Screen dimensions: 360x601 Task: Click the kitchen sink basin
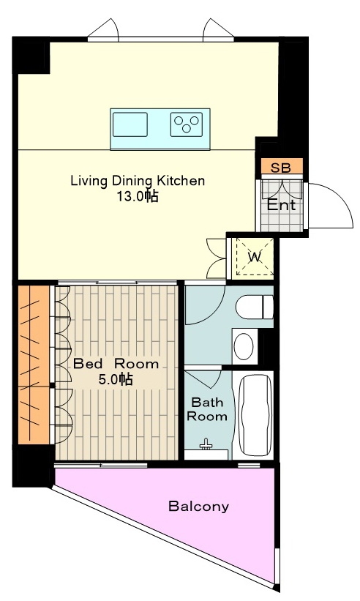pos(130,124)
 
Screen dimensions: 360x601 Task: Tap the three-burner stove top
pos(187,124)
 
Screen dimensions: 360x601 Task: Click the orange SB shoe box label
pos(281,168)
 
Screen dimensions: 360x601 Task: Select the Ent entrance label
pos(282,205)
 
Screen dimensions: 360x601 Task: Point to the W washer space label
pos(255,256)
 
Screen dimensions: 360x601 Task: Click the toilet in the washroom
pos(255,307)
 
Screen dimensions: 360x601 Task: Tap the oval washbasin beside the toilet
pos(244,346)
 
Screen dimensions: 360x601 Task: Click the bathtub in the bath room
pos(255,414)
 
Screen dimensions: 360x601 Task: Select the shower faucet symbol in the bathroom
pos(206,444)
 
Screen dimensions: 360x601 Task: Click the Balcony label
pos(199,507)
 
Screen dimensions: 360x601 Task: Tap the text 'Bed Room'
pos(116,363)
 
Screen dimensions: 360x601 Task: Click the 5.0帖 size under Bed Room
pos(116,379)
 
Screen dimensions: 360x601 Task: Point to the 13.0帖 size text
pos(138,197)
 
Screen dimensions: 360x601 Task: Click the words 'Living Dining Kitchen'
pos(138,181)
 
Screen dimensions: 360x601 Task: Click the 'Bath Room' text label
pos(207,409)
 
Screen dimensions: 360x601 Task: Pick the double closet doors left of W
pos(216,258)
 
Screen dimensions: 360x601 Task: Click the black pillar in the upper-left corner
pos(31,55)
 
